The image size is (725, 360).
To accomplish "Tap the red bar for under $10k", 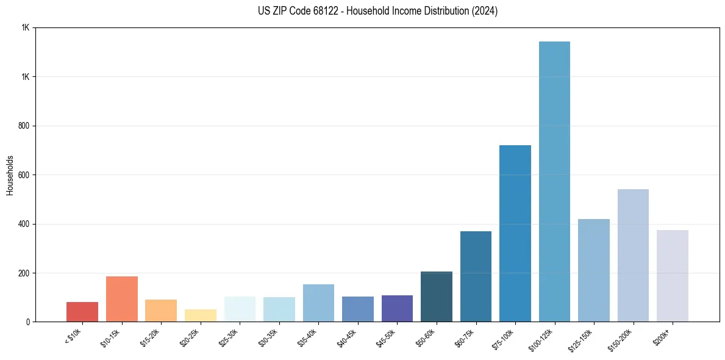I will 82,312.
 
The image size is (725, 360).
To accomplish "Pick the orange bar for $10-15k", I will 122,299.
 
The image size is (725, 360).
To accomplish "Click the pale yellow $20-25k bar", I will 201,315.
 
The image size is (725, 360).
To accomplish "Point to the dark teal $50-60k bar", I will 437,297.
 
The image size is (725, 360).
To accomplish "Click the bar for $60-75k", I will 476,276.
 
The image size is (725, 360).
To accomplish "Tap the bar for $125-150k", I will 594,270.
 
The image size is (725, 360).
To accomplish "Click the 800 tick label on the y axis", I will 24,126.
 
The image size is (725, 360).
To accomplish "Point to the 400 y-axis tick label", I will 24,224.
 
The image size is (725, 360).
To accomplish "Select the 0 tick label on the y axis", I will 28,322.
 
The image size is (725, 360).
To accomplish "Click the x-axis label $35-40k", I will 307,337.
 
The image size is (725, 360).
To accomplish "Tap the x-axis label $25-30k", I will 229,337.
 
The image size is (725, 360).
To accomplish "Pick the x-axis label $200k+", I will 663,336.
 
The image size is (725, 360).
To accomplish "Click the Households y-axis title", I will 10,175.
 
